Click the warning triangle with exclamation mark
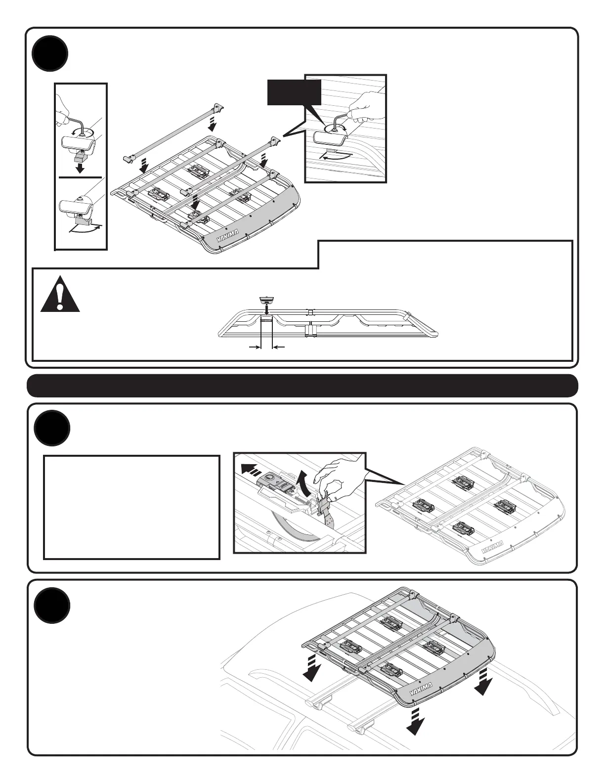60,294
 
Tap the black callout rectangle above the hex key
294,92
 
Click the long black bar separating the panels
302,386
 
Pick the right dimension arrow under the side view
279,348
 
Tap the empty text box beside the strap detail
131,507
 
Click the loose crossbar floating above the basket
171,131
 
